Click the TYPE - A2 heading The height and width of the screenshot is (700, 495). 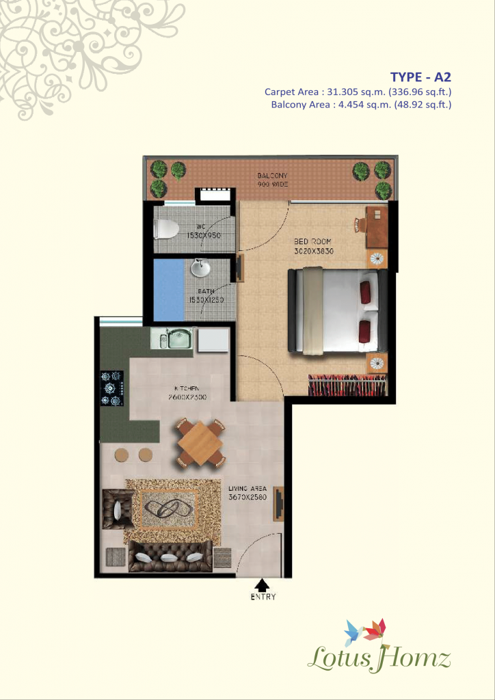pyautogui.click(x=420, y=77)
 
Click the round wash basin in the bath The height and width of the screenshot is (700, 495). pyautogui.click(x=200, y=269)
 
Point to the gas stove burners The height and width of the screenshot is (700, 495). pyautogui.click(x=111, y=388)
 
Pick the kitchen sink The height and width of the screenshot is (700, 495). pyautogui.click(x=179, y=338)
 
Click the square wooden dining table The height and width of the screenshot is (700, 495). pyautogui.click(x=198, y=443)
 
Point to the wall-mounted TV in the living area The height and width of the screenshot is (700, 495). pyautogui.click(x=278, y=504)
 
